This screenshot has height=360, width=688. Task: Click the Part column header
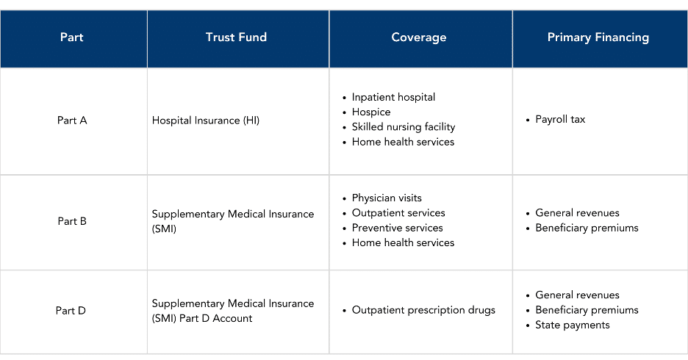pyautogui.click(x=71, y=37)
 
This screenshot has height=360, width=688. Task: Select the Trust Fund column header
pyautogui.click(x=236, y=37)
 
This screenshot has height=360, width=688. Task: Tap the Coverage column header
pyautogui.click(x=418, y=37)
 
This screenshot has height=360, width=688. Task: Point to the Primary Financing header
pyautogui.click(x=598, y=37)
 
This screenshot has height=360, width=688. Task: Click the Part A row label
pyautogui.click(x=72, y=120)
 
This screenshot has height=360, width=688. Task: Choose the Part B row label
pyautogui.click(x=72, y=221)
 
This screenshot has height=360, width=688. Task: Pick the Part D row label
pyautogui.click(x=71, y=311)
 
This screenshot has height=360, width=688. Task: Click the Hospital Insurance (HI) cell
pyautogui.click(x=206, y=120)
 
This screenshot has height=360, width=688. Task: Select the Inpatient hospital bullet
pyautogui.click(x=393, y=97)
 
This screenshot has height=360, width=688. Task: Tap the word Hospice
pyautogui.click(x=370, y=112)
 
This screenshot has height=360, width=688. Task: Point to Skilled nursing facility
pyautogui.click(x=404, y=127)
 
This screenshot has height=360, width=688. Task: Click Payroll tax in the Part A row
pyautogui.click(x=560, y=120)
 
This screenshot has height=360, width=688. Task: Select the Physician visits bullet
pyautogui.click(x=387, y=198)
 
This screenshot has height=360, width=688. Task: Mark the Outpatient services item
pyautogui.click(x=398, y=213)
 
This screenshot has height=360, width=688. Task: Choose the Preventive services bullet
pyautogui.click(x=397, y=228)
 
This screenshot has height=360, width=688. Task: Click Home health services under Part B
pyautogui.click(x=403, y=243)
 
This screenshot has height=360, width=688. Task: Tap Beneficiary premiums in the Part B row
pyautogui.click(x=587, y=228)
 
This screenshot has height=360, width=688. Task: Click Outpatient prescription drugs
pyautogui.click(x=423, y=310)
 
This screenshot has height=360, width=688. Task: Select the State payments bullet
pyautogui.click(x=572, y=325)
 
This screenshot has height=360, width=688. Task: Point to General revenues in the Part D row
pyautogui.click(x=577, y=295)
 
